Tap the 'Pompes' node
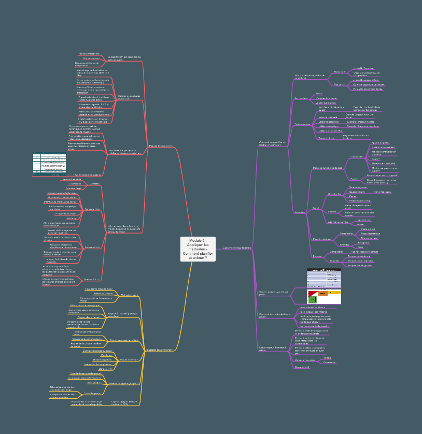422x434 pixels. pos(317,256)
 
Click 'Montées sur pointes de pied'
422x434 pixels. pos(327,168)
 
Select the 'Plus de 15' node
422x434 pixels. pos(339,84)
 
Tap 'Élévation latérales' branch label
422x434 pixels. pos(322,239)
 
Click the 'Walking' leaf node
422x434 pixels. pos(327,357)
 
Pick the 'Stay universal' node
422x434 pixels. pos(302,367)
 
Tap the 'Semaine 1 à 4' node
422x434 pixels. pos(92,209)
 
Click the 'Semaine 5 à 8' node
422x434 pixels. pos(92,247)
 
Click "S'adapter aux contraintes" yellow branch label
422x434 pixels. pos(159,350)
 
